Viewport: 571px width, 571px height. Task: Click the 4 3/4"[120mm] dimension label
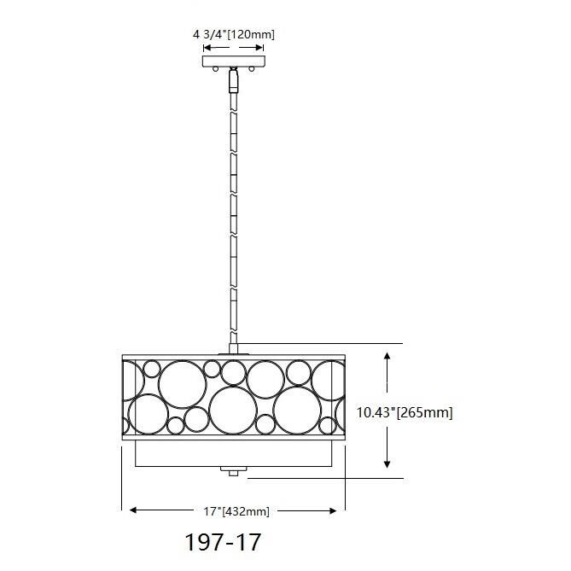coord(233,35)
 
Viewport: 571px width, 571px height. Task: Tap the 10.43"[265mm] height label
coord(405,412)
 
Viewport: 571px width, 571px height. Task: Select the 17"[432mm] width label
coord(236,511)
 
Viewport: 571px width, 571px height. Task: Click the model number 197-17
coord(223,542)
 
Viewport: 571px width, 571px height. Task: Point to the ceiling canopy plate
coord(233,61)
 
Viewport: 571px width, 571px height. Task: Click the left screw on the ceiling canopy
coord(216,68)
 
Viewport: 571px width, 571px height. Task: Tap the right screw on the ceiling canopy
coord(251,68)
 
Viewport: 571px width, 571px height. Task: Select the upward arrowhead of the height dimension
coord(387,356)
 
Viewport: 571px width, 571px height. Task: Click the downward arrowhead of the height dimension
coord(387,463)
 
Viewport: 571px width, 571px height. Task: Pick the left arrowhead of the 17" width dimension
coord(133,510)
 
